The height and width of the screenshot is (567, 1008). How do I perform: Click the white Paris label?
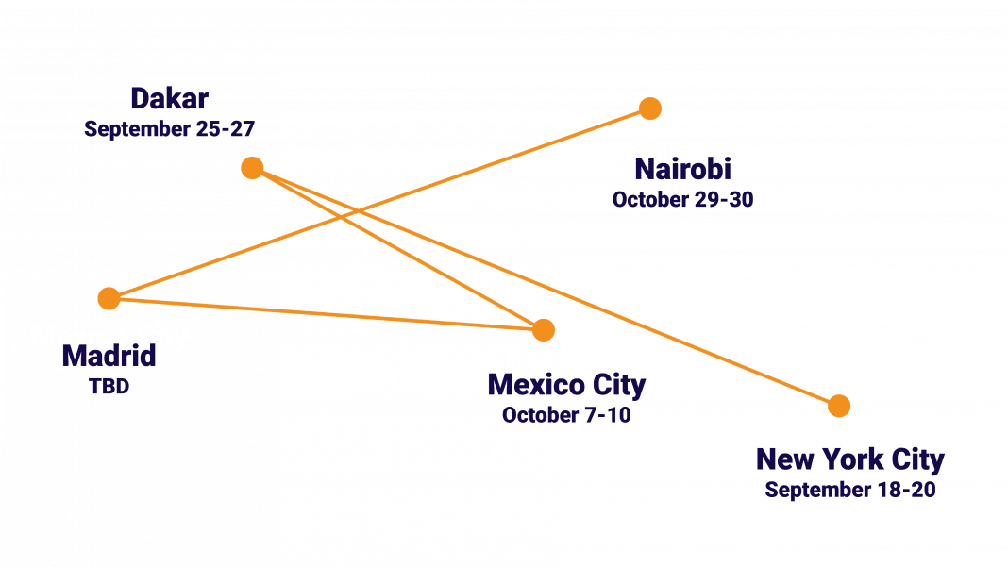[x=649, y=152]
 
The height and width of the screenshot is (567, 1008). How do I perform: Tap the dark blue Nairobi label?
[x=682, y=172]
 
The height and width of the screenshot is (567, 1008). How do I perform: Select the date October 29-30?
[x=681, y=200]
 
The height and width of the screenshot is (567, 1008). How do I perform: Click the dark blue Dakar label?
[x=169, y=99]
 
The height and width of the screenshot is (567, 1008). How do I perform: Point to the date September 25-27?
[x=169, y=129]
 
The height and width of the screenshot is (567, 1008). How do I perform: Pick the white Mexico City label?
[x=109, y=336]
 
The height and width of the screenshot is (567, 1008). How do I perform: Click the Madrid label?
[x=109, y=358]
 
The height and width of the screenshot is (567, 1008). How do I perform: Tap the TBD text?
[x=109, y=386]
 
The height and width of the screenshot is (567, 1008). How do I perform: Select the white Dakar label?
[x=543, y=368]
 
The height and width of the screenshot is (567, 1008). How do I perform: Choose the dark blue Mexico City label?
[x=566, y=386]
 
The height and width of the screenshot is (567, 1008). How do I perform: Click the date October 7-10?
[x=566, y=415]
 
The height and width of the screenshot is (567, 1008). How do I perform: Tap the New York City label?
[x=849, y=460]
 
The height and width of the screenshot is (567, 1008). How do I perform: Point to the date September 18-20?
[x=849, y=491]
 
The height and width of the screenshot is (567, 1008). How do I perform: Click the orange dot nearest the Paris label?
[x=649, y=108]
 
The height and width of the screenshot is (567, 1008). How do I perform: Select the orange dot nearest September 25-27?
[x=252, y=168]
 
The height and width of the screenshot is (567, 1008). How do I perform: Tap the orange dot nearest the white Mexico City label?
[x=109, y=299]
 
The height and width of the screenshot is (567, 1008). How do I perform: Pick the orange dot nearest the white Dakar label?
[x=543, y=329]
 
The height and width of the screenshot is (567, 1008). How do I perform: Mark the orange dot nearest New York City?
[x=838, y=406]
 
